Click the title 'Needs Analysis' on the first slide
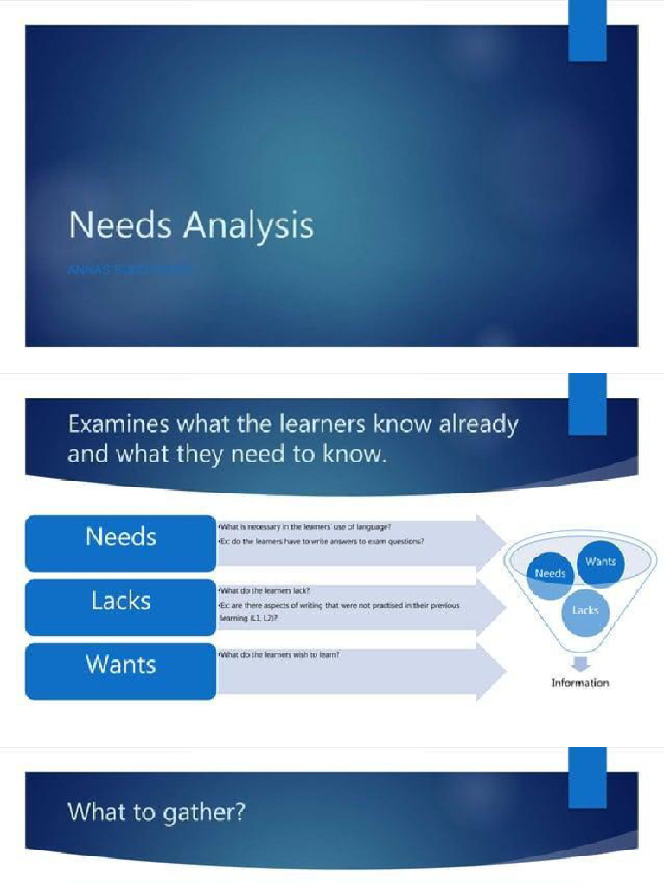pos(191,226)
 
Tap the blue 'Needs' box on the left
pos(120,538)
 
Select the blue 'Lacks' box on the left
pos(120,601)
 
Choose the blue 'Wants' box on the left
pos(120,665)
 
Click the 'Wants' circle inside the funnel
pos(600,562)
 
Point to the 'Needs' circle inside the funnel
pos(551,574)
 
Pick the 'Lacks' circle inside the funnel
pos(585,610)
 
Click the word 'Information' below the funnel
pos(580,683)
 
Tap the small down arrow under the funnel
pos(581,663)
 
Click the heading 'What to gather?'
pos(156,812)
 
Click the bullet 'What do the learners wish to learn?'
pos(278,654)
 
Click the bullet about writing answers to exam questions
pos(321,541)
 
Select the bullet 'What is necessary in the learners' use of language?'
pos(305,525)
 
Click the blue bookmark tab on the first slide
pos(587,31)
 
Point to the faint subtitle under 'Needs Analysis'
pos(130,271)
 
